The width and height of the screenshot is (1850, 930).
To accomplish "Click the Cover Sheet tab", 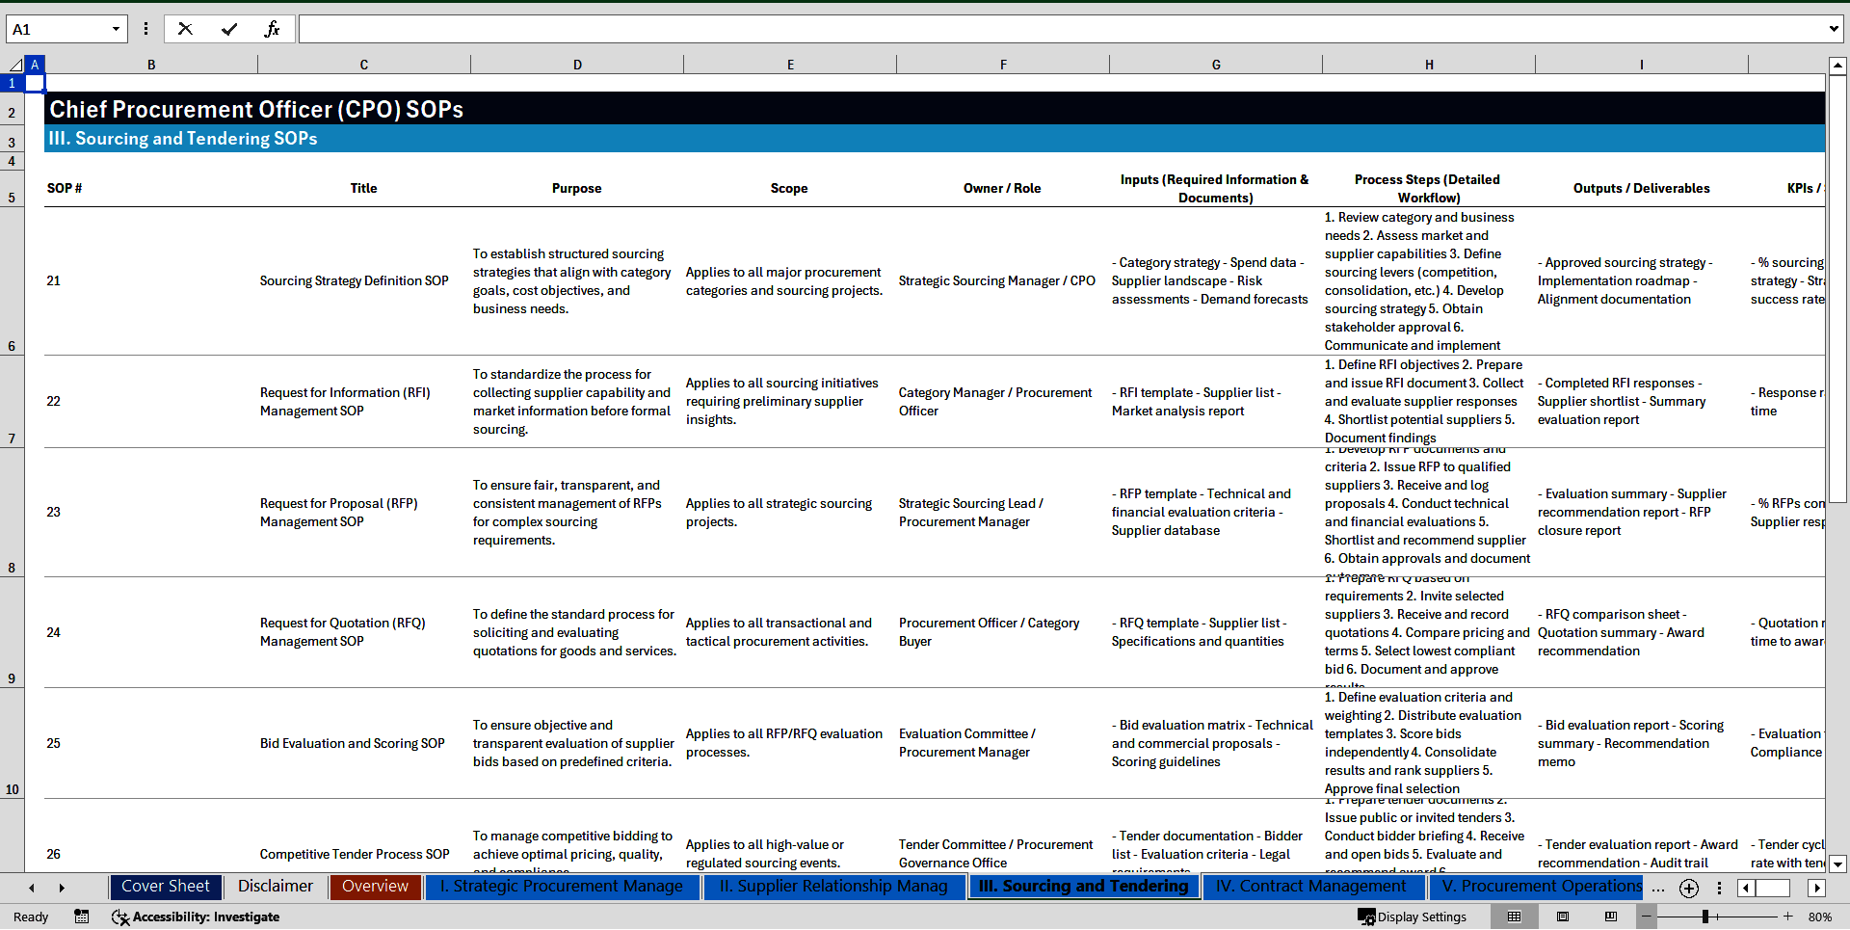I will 165,887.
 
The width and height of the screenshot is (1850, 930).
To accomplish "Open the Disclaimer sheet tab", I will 276,887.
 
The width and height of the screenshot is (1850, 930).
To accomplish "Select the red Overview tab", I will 375,887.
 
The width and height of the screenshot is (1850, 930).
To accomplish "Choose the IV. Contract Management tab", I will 1310,887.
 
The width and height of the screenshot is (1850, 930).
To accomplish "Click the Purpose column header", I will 576,189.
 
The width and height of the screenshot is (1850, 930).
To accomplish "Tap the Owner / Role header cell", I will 1002,189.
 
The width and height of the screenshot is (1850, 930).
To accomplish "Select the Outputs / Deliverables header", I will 1641,189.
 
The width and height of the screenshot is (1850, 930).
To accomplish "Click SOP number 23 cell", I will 54,513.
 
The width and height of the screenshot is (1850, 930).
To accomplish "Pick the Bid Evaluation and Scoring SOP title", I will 353,744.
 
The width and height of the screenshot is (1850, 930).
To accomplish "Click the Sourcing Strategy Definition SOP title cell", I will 354,281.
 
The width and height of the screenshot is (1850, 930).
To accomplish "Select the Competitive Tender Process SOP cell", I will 355,855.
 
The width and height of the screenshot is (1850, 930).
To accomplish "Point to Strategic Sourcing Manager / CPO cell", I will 996,281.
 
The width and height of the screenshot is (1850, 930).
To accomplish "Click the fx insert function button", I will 272,30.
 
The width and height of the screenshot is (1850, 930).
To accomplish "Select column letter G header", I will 1216,65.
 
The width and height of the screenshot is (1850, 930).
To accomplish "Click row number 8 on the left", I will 12,568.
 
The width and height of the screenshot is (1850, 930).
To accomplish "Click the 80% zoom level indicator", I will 1819,917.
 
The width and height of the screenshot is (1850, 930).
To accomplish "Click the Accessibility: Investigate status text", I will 205,917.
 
